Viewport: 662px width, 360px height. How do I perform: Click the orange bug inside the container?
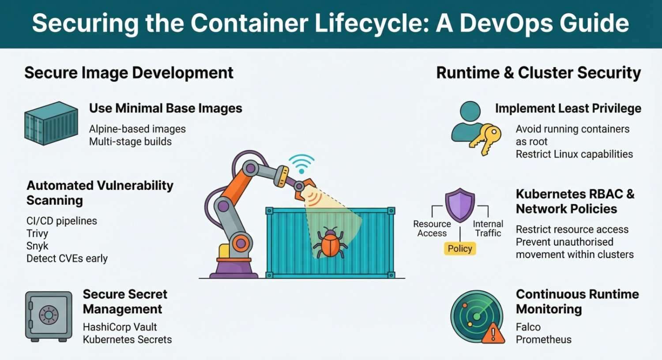coord(330,243)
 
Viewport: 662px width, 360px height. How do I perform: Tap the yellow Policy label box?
coord(460,248)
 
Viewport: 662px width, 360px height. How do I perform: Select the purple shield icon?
coord(460,204)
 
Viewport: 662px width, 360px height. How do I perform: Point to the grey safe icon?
coord(49,316)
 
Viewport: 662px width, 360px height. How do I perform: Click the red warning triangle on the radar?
coord(493,334)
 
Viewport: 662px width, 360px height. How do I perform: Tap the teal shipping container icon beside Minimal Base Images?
coord(51,123)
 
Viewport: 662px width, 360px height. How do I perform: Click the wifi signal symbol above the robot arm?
coord(301,164)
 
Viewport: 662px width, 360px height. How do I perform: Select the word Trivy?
coord(37,233)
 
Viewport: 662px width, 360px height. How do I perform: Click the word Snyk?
coord(37,246)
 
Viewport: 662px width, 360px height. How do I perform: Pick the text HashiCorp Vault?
coord(120,327)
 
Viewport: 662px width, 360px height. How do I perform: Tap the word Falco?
coord(528,327)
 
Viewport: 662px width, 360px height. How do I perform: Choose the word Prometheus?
coord(543,339)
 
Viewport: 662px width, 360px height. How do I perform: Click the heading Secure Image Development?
coord(128,73)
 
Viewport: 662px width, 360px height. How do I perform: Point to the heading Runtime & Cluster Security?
coord(538,73)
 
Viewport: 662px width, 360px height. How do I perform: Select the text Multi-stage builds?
coord(130,142)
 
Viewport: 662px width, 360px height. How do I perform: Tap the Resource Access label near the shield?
coord(432,229)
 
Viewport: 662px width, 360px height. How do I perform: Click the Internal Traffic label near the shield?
coord(488,229)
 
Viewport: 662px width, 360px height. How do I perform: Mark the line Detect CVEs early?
coord(67,259)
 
